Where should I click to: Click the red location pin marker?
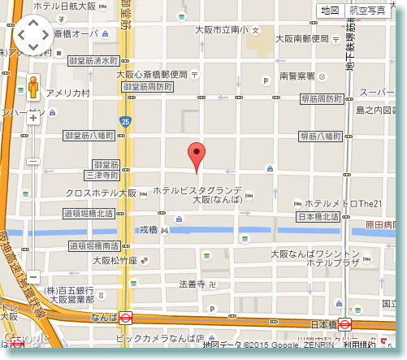pyautogui.click(x=195, y=154)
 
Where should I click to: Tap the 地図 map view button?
pyautogui.click(x=329, y=11)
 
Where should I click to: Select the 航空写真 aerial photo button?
pyautogui.click(x=367, y=11)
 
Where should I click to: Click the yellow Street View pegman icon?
pyautogui.click(x=33, y=87)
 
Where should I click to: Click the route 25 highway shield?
pyautogui.click(x=124, y=122)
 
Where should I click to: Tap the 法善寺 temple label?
pyautogui.click(x=192, y=284)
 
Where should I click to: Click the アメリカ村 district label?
pyautogui.click(x=68, y=93)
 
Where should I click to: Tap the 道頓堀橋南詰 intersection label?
pyautogui.click(x=93, y=245)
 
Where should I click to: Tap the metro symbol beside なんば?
pyautogui.click(x=127, y=319)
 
